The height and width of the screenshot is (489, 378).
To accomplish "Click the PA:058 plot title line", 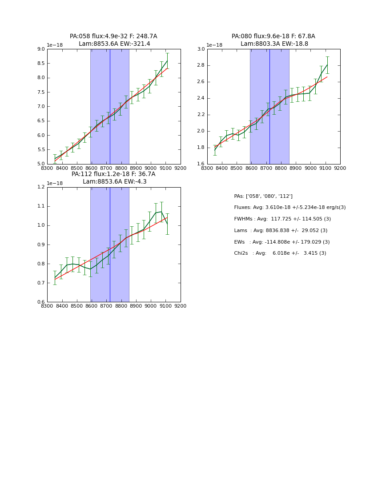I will (113, 36).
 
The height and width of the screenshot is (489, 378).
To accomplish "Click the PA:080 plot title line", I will (273, 36).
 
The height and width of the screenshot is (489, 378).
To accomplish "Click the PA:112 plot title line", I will (113, 174).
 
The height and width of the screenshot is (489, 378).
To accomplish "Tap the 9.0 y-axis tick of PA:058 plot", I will (40, 49).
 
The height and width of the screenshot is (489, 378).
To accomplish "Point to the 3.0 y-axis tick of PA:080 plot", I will (201, 49).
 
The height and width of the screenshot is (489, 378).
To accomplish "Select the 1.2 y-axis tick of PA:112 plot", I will (40, 187).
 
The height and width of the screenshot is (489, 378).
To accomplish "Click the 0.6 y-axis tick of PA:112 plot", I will (40, 302).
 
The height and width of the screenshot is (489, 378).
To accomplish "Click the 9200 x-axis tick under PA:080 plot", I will (340, 168).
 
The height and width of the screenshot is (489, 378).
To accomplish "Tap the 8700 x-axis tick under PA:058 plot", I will (106, 168).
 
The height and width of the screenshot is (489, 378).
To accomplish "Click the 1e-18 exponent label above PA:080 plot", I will (214, 45).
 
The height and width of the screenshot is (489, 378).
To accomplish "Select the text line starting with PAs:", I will (263, 196).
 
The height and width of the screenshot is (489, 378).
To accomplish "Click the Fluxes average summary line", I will (290, 208).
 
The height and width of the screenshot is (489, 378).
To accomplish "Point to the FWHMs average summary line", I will (282, 219).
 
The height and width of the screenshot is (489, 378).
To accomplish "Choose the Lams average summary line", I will (281, 231).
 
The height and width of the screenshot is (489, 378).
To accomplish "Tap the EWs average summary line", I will (282, 242).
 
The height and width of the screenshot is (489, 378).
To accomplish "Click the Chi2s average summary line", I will (280, 253).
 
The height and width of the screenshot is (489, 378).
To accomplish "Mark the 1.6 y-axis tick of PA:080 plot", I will (201, 164).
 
